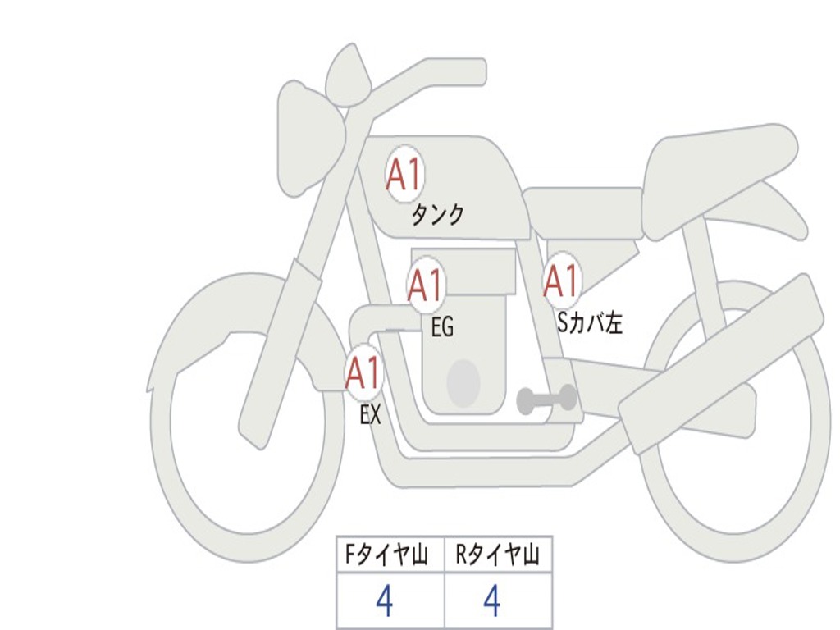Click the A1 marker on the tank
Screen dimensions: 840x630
(404, 174)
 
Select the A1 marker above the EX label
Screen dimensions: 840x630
(363, 373)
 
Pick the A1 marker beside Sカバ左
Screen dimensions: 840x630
(562, 281)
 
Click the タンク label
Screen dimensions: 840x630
(437, 215)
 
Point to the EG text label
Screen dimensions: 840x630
(442, 328)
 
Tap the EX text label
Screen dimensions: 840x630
(370, 415)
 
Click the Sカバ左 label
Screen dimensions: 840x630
(590, 323)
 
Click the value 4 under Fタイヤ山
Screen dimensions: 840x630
(384, 602)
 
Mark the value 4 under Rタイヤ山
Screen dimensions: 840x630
(491, 602)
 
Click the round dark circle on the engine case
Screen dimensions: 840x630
(463, 383)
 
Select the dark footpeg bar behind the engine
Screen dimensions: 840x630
(546, 399)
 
